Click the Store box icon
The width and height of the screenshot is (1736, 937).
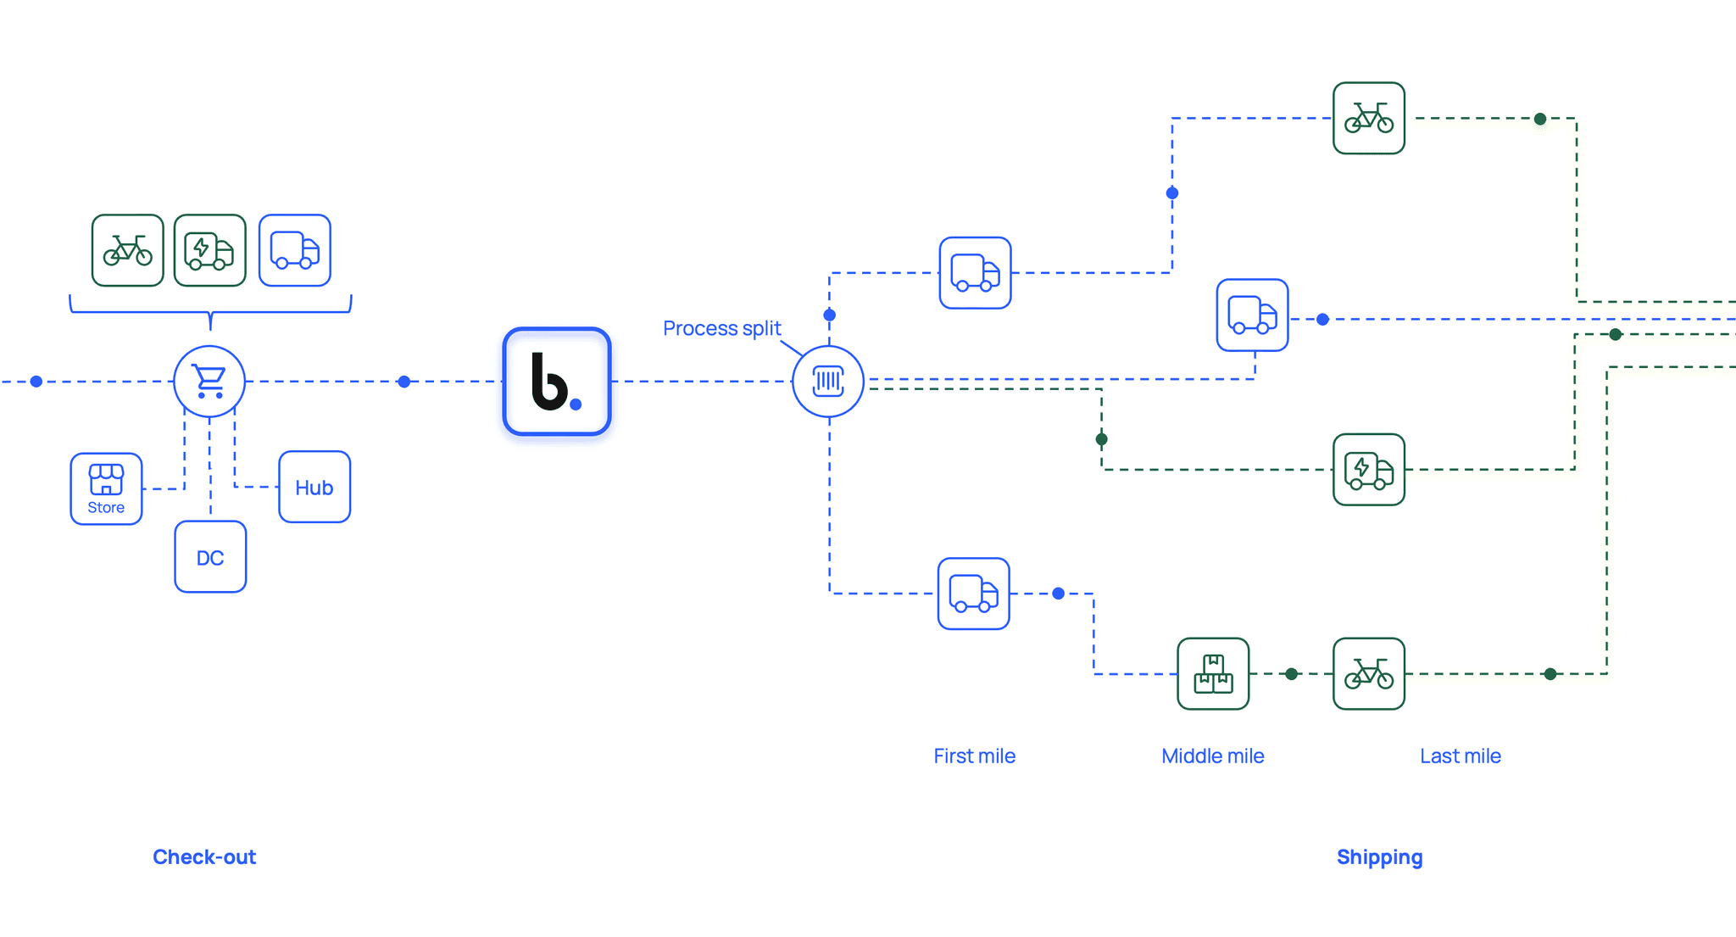coord(106,488)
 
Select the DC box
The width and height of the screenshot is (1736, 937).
coord(210,556)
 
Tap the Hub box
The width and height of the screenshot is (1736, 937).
coord(314,487)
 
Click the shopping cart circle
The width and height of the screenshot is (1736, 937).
coord(209,382)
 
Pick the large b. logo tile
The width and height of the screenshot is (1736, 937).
coord(557,382)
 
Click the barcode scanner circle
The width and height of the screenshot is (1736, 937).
coord(828,382)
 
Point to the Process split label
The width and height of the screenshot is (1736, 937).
coord(722,328)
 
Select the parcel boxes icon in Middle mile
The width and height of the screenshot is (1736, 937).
coord(1213,674)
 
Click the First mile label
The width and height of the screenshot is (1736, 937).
coord(975,756)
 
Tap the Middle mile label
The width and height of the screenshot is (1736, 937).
coord(1213,756)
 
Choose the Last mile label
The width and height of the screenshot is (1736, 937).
coord(1461,756)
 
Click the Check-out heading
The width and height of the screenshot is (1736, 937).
coord(204,856)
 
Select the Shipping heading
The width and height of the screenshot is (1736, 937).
coord(1380,857)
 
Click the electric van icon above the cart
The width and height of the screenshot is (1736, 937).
coord(210,250)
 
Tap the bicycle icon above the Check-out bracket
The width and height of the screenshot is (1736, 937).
coord(128,250)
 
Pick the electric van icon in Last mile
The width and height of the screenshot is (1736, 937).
coord(1369,470)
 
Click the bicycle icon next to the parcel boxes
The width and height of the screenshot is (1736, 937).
coord(1369,674)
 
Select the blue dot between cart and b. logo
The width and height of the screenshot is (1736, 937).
coord(404,382)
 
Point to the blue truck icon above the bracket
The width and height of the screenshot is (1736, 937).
coord(295,250)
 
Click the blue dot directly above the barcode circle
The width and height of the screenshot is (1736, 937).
coord(830,315)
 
